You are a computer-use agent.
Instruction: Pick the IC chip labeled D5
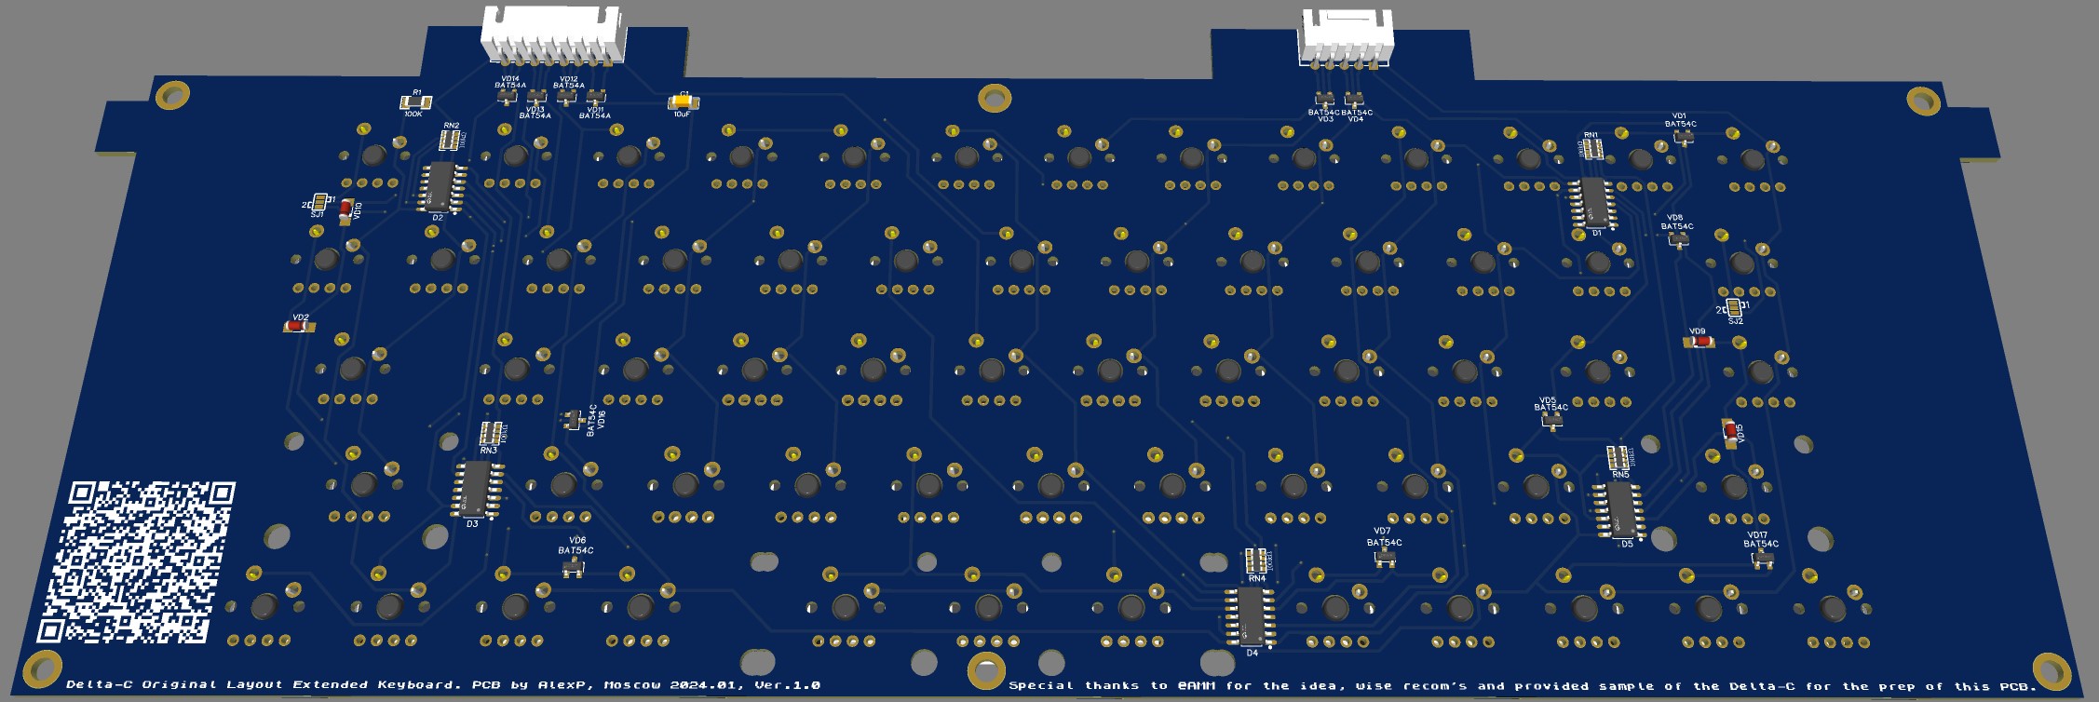[1621, 510]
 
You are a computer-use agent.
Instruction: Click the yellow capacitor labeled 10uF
[683, 101]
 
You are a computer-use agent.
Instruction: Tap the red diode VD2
[300, 327]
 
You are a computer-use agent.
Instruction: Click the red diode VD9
[1701, 342]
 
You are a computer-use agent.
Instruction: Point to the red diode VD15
[1730, 433]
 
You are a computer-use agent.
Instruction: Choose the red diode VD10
[346, 209]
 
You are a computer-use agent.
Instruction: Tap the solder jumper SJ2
[1733, 308]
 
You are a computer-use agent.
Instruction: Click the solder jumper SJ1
[319, 203]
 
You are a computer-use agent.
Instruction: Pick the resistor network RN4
[1256, 560]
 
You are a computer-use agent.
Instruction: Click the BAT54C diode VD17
[1762, 559]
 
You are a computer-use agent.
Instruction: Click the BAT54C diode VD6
[574, 566]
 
